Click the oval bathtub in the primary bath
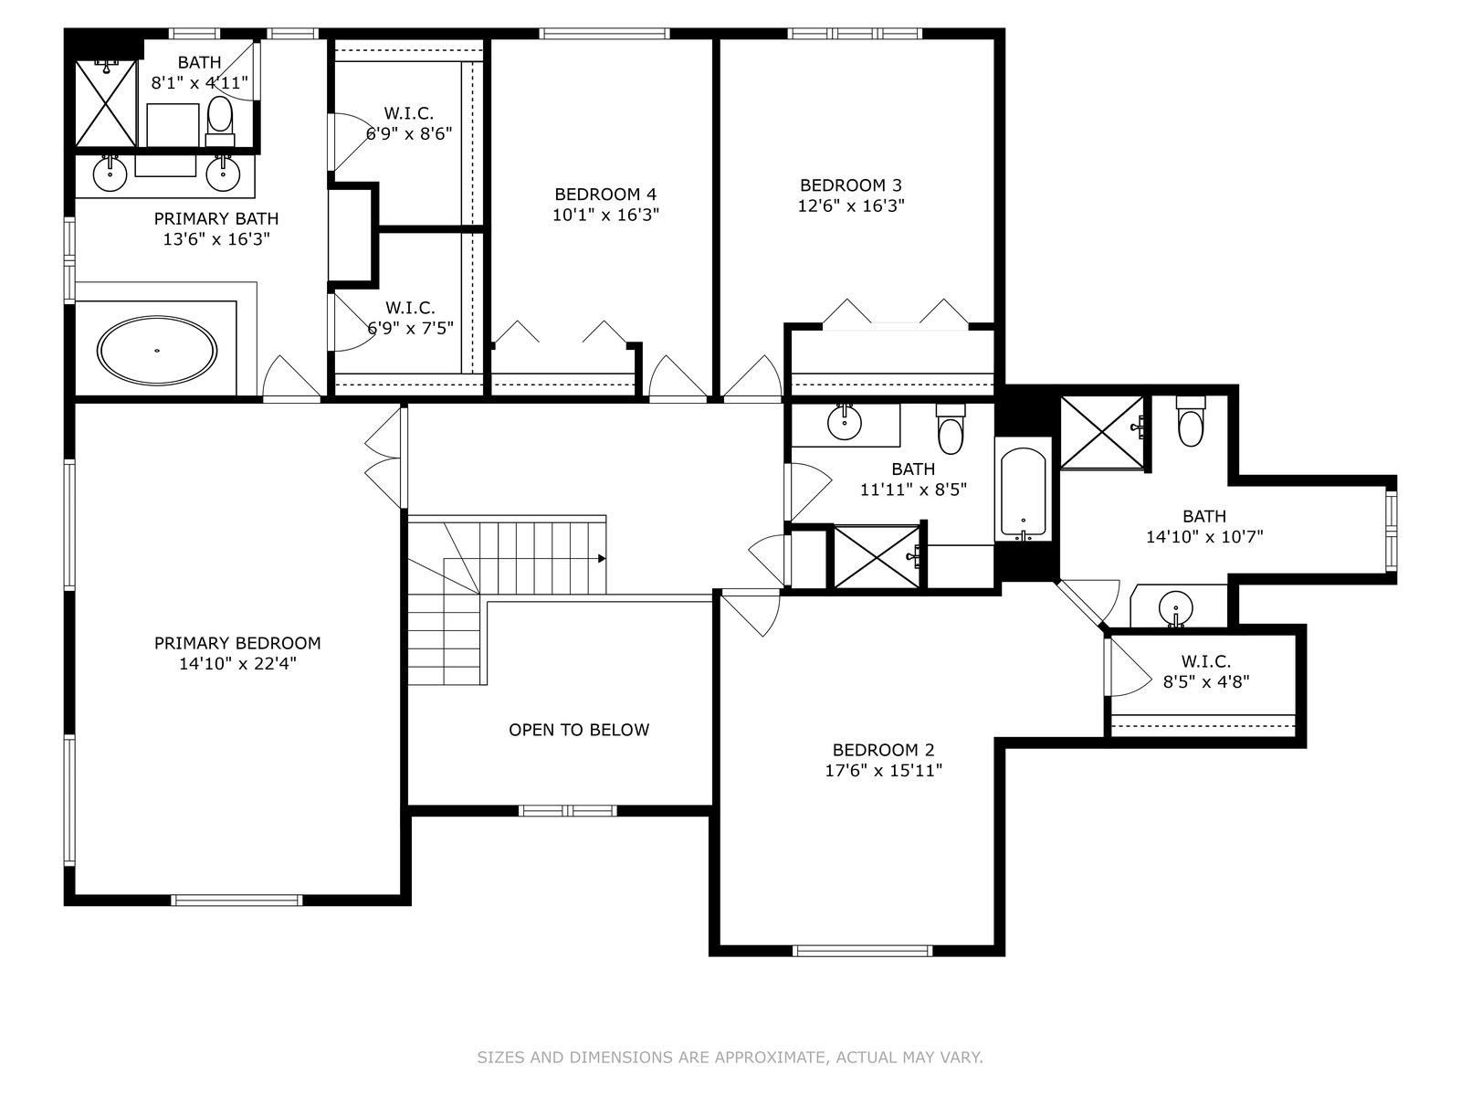[x=157, y=351]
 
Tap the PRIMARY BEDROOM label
[x=237, y=643]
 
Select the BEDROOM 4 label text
[x=605, y=195]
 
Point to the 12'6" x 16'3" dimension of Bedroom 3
[x=851, y=205]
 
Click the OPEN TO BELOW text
[x=579, y=730]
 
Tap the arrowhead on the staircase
[x=602, y=558]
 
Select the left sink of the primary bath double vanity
[x=110, y=174]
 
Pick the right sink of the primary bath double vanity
[x=223, y=174]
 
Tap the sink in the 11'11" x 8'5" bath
[x=845, y=422]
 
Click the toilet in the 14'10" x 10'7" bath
[x=1191, y=422]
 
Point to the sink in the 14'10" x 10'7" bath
[x=1175, y=608]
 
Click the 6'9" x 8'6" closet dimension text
[x=409, y=133]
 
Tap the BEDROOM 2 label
[x=884, y=750]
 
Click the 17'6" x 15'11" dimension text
[x=884, y=771]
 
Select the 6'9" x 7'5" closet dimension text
[x=411, y=328]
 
